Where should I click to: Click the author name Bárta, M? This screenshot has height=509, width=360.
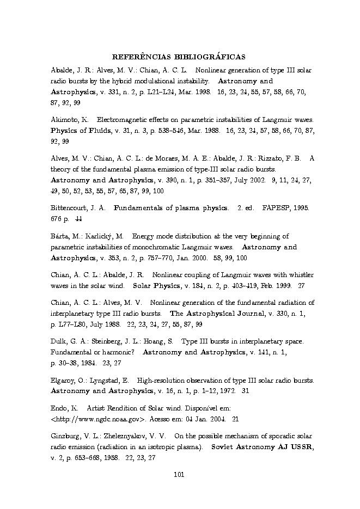[64, 236]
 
